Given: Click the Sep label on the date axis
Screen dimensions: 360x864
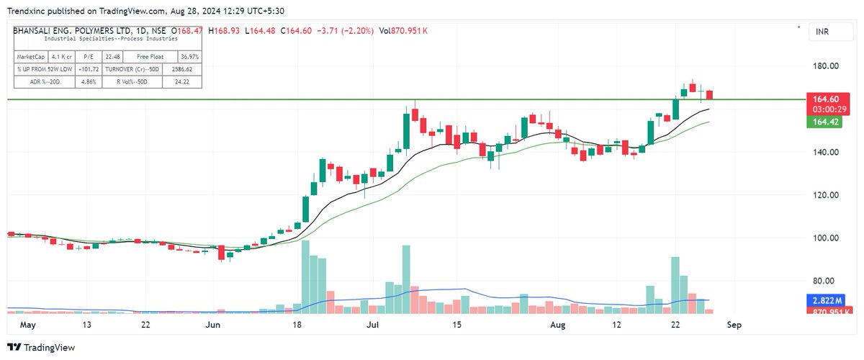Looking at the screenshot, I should click(733, 325).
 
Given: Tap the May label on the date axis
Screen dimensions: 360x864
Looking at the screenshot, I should click(28, 325).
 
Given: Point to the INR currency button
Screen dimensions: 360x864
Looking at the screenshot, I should click(822, 32).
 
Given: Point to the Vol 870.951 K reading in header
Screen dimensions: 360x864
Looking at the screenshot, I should click(397, 31).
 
